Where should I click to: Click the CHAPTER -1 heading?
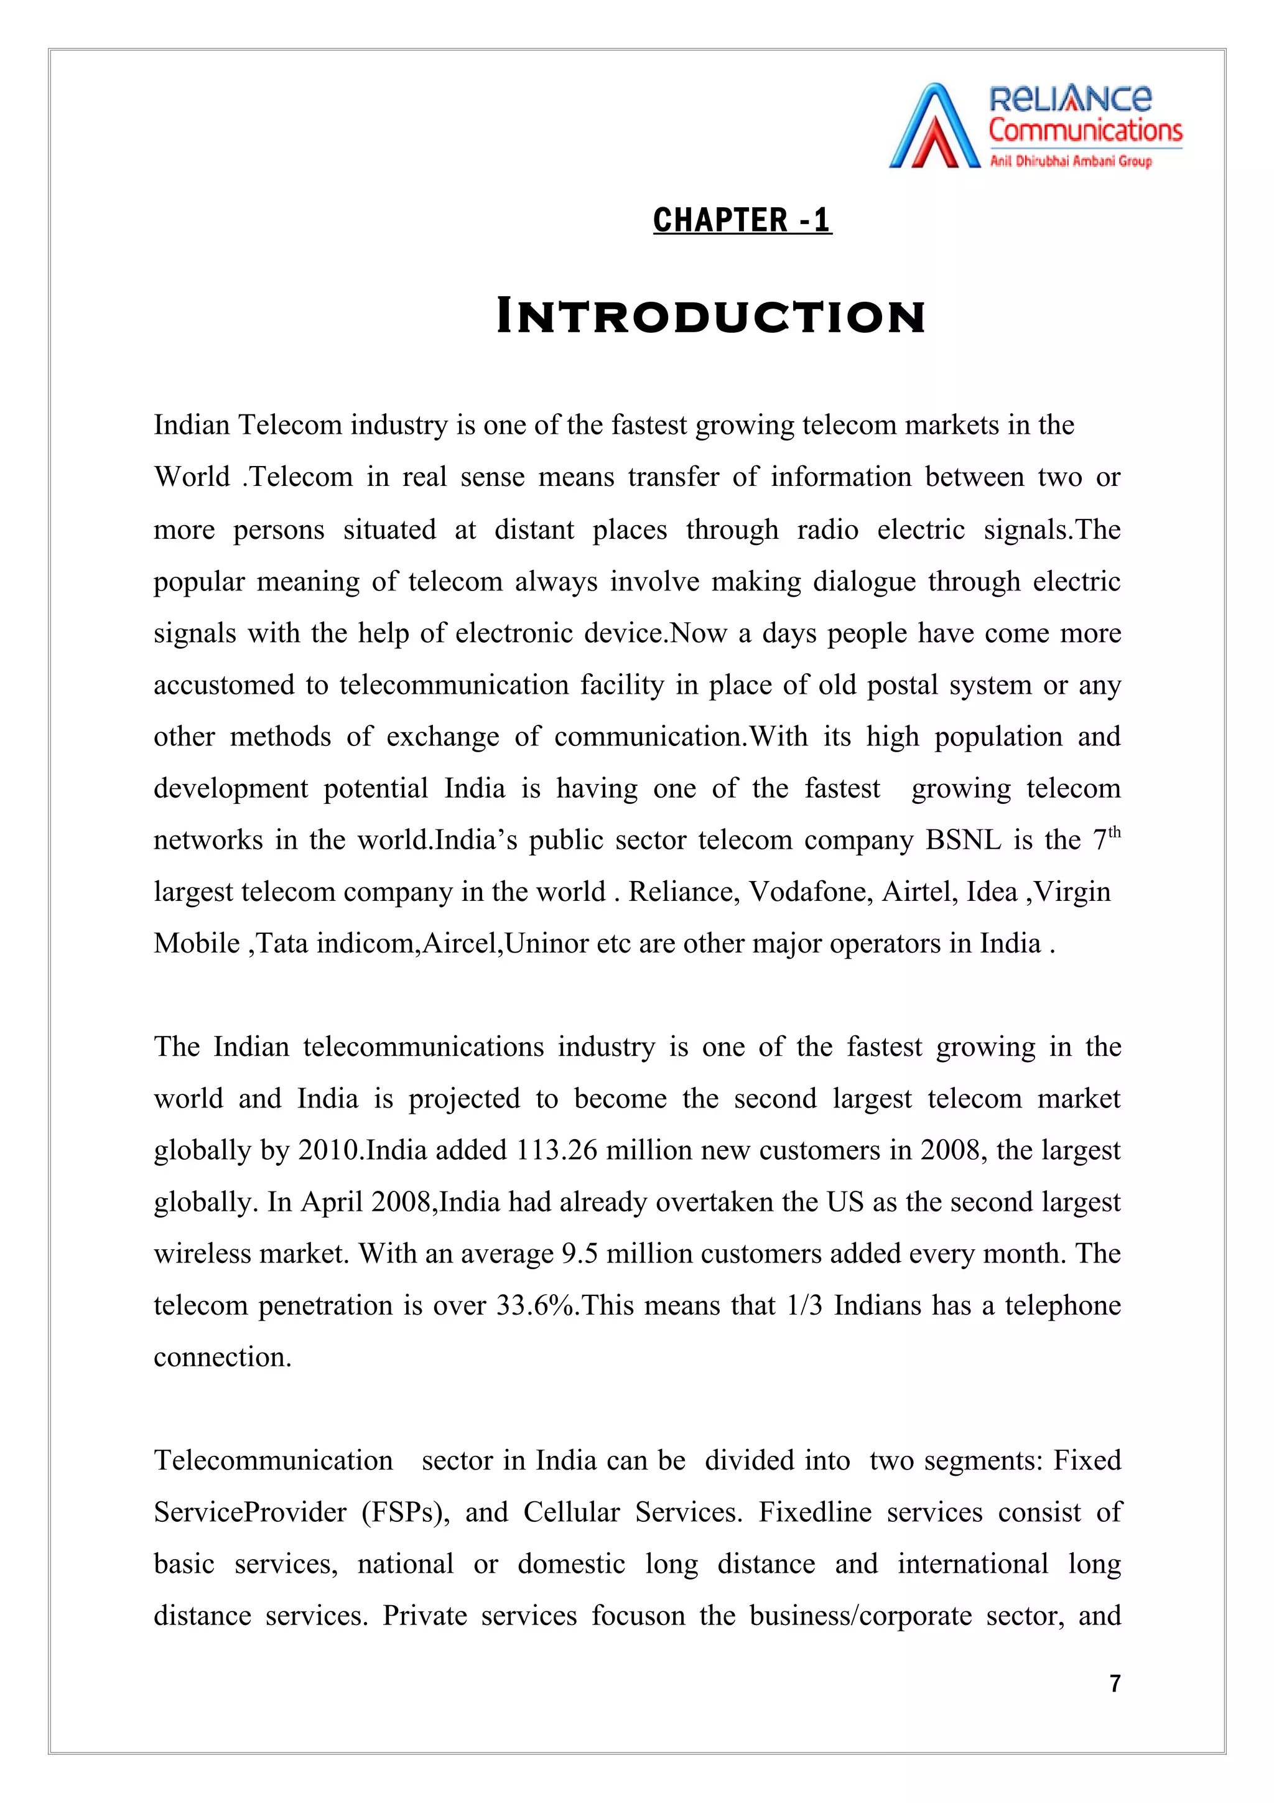tap(742, 220)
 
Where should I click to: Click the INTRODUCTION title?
tap(710, 317)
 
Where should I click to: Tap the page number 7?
tap(1115, 1683)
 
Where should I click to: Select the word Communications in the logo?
tap(1085, 131)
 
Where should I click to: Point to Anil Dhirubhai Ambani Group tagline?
tap(1071, 162)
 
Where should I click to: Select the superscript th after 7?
tap(1114, 832)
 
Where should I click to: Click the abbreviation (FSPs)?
tap(405, 1512)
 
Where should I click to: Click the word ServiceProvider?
tap(249, 1512)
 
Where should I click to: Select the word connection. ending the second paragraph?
tap(222, 1358)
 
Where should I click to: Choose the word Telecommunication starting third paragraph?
tap(273, 1461)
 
